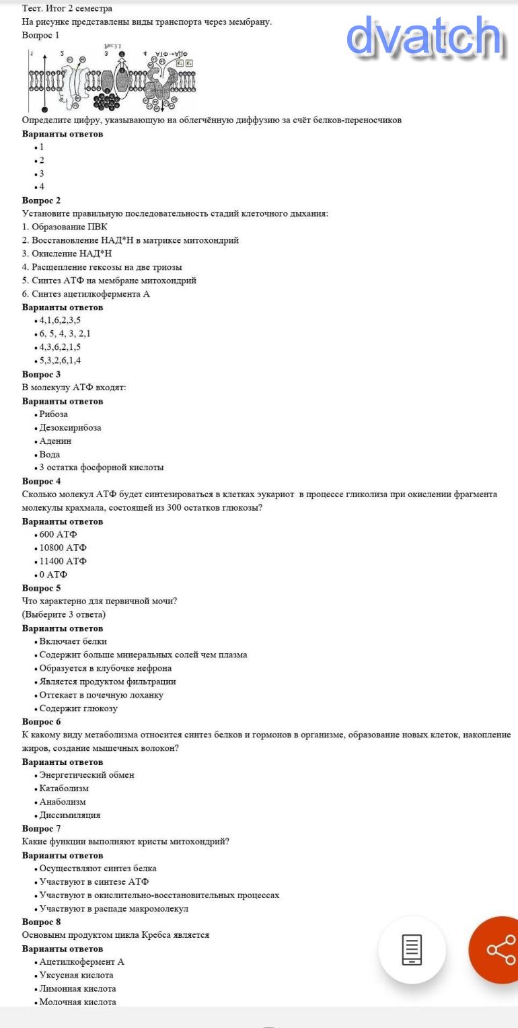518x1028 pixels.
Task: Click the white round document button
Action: click(412, 949)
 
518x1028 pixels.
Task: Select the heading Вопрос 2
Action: click(41, 200)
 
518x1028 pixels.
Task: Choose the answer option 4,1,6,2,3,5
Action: click(60, 320)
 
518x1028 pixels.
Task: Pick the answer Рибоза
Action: click(53, 414)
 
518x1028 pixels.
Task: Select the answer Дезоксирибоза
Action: click(70, 428)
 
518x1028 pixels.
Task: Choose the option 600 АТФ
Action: click(58, 535)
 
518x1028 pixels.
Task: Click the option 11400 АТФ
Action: click(63, 561)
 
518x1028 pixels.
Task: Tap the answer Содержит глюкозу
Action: click(78, 708)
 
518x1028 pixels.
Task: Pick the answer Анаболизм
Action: click(63, 802)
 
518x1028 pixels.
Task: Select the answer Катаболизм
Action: click(64, 788)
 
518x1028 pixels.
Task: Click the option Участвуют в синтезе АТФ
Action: click(94, 882)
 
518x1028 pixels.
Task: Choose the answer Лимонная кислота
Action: click(77, 989)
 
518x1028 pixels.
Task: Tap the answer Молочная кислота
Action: click(77, 1002)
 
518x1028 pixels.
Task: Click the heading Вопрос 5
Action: click(41, 588)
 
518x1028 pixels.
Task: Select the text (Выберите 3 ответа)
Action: click(63, 614)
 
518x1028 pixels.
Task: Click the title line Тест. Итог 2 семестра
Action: click(67, 8)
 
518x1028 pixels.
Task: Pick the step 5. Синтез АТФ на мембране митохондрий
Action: click(109, 281)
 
